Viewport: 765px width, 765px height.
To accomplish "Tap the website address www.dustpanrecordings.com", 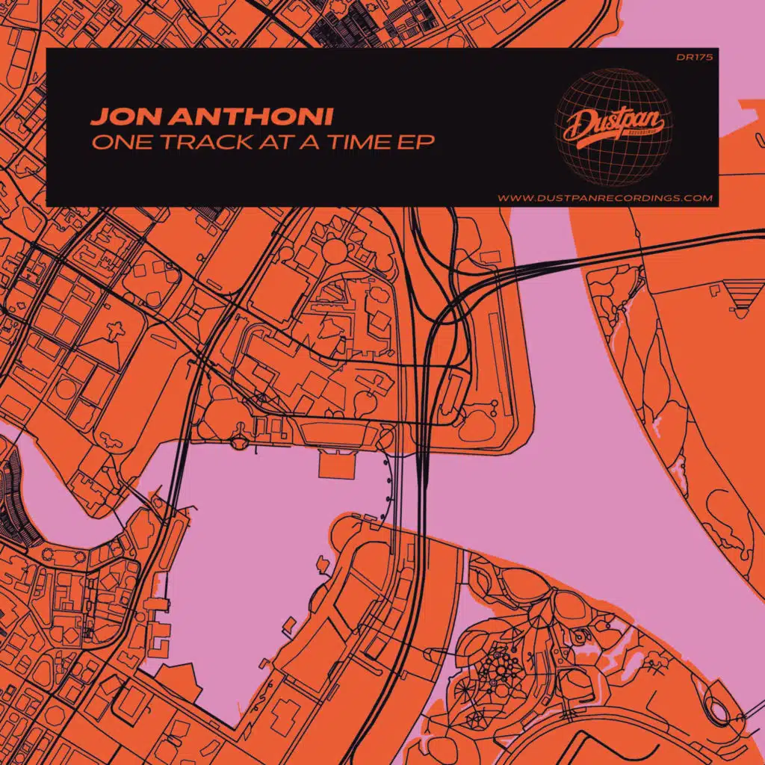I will [x=605, y=198].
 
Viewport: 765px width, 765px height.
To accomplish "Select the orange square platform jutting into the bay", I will [x=330, y=464].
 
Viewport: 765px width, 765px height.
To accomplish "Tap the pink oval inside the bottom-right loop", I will [x=722, y=707].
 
